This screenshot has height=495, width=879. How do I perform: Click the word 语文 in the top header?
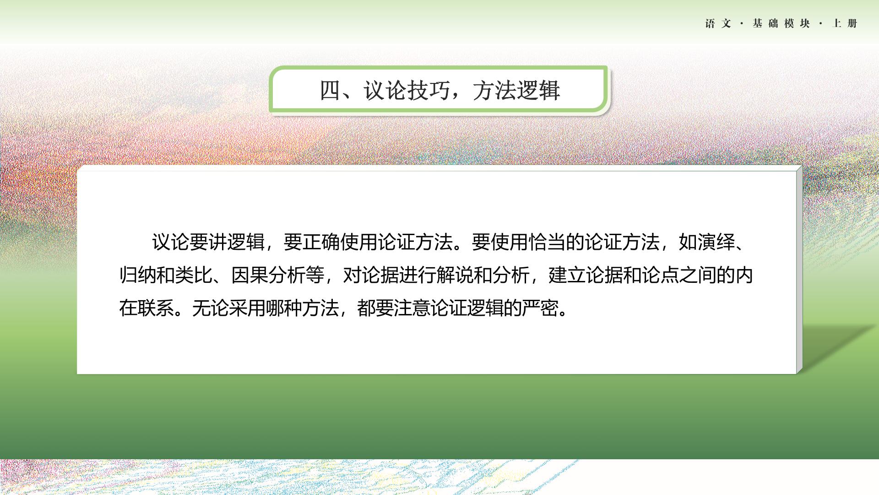click(718, 23)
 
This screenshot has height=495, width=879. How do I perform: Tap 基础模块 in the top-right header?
click(781, 23)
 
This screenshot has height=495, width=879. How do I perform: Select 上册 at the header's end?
click(845, 23)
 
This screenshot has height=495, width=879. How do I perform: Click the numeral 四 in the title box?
click(330, 90)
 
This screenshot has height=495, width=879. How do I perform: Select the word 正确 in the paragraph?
click(321, 242)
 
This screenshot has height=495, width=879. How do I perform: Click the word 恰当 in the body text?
click(547, 242)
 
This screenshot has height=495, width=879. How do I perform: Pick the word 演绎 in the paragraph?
click(716, 242)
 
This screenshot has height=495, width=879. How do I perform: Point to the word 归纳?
click(138, 275)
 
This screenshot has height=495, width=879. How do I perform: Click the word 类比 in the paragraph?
click(194, 275)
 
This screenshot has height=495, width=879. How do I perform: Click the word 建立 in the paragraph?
click(567, 275)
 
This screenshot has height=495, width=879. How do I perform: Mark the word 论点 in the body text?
click(661, 275)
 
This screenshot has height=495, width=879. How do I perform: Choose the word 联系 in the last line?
click(156, 308)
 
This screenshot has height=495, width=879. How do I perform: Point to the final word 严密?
click(540, 308)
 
